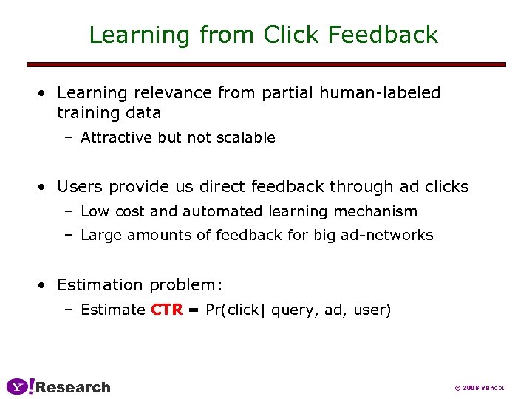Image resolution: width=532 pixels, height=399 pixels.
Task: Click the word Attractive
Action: (117, 137)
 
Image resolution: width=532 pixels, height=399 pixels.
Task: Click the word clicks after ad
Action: (445, 187)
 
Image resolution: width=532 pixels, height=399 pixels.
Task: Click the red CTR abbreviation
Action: (166, 310)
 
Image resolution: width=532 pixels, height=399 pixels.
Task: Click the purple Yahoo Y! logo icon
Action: (20, 386)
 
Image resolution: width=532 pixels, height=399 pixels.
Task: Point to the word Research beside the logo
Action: (73, 387)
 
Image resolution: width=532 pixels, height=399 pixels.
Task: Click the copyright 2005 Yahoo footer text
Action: (479, 388)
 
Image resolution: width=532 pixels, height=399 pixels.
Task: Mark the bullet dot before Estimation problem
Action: (45, 285)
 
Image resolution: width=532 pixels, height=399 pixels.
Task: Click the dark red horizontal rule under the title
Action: (266, 65)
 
